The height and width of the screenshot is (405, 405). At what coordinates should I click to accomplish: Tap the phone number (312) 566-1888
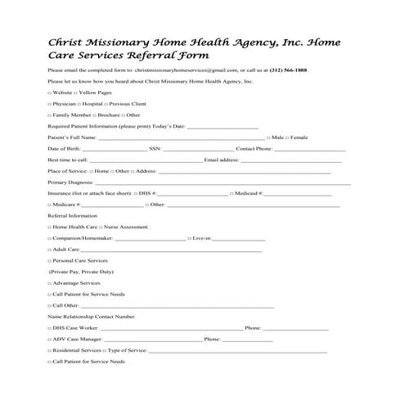[x=291, y=71]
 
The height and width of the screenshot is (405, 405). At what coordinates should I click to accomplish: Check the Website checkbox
[x=50, y=93]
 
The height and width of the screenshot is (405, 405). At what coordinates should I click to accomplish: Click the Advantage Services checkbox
[x=50, y=282]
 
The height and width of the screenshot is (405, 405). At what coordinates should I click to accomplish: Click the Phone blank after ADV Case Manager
[x=248, y=338]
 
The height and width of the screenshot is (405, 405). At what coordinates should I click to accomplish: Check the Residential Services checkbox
[x=50, y=349]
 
